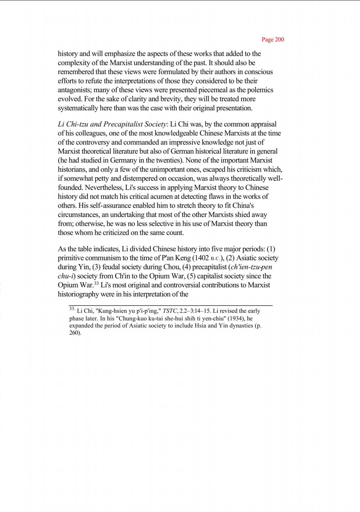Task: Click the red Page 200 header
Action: click(x=273, y=39)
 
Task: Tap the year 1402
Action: click(x=200, y=258)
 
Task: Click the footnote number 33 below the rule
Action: click(x=72, y=309)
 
